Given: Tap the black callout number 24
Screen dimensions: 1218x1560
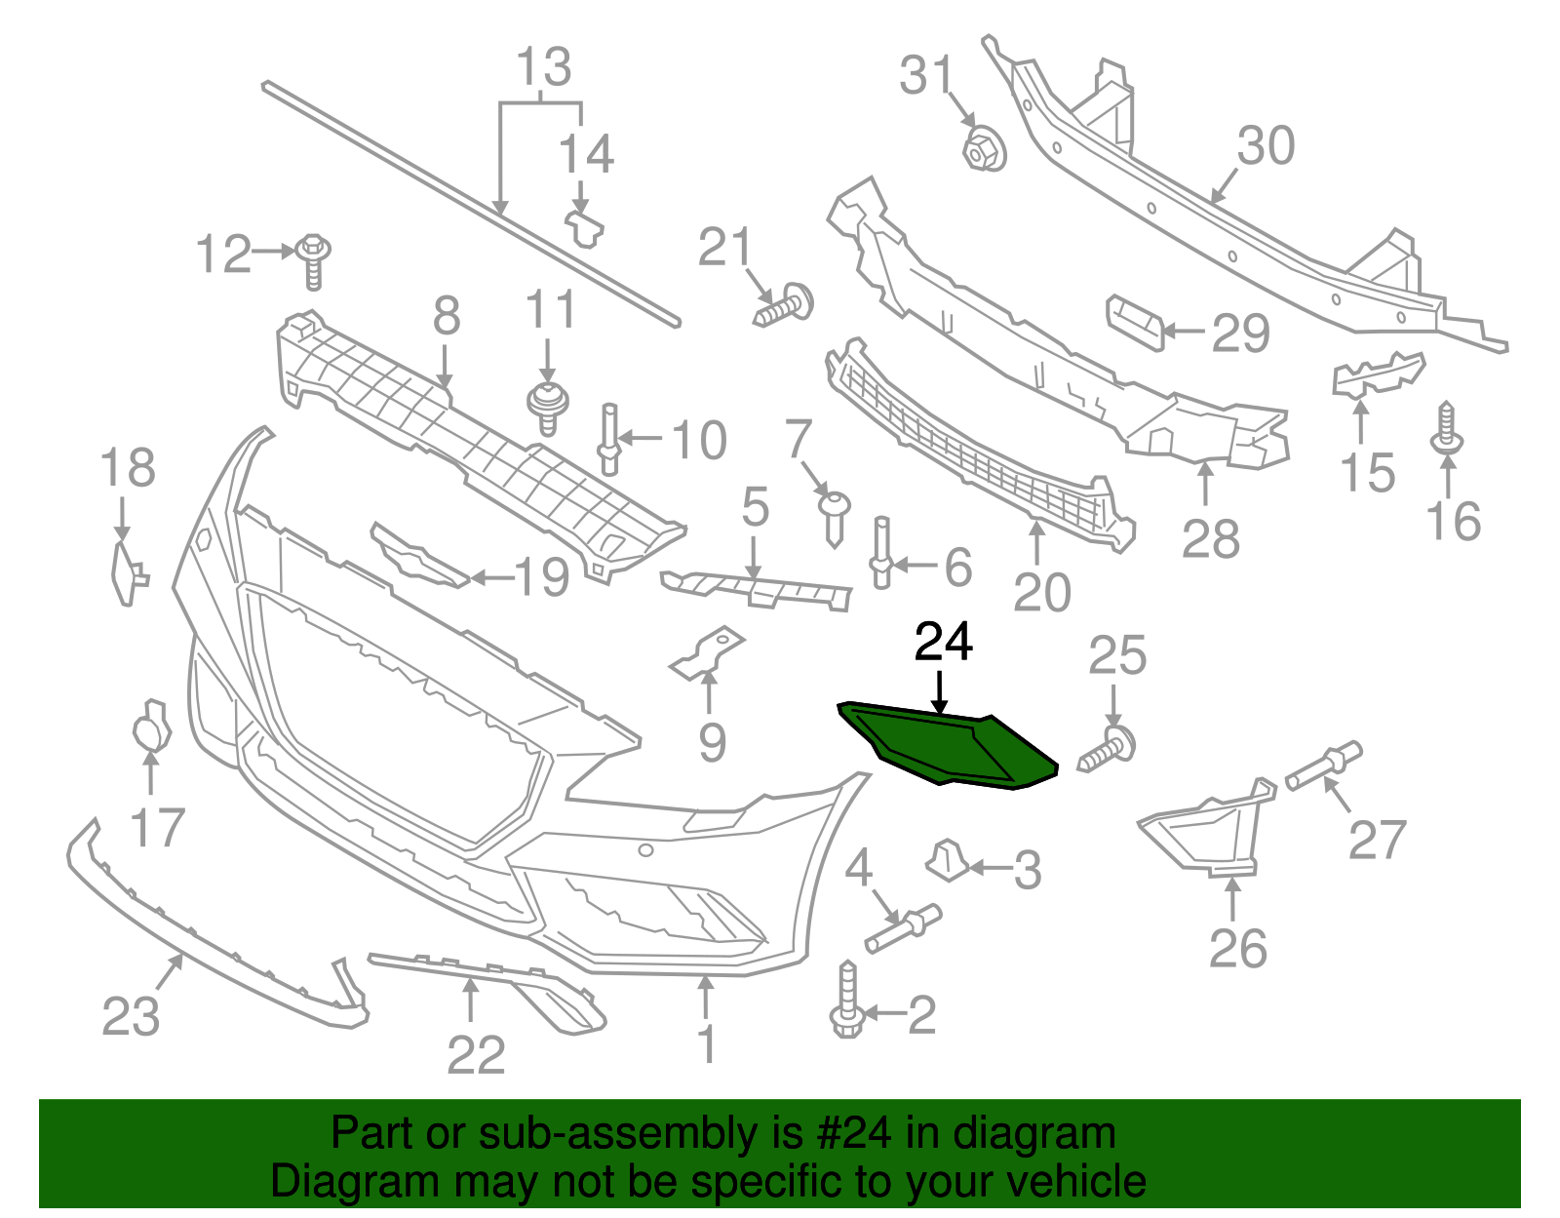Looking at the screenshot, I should click(943, 643).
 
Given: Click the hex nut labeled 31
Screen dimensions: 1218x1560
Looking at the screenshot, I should click(983, 149).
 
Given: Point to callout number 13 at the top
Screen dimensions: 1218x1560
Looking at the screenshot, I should click(542, 67).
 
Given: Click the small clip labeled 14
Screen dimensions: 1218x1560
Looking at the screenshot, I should click(584, 228).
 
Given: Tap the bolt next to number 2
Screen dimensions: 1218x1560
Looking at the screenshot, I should click(845, 1002).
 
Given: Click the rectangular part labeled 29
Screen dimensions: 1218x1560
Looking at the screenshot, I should click(1135, 323).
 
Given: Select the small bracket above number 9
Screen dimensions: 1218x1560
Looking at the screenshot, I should click(708, 652).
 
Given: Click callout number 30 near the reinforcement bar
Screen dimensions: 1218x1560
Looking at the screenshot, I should click(1266, 146).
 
